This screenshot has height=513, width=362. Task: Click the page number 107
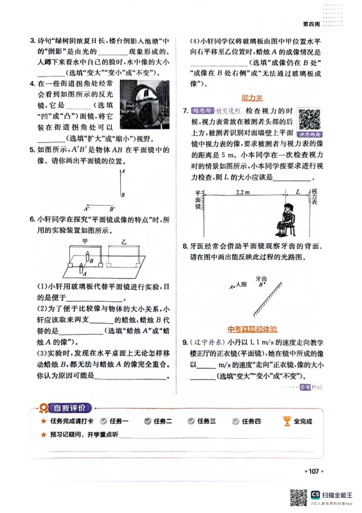point(314,471)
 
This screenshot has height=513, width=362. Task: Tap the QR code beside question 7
point(310,120)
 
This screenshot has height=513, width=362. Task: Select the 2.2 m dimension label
point(243,192)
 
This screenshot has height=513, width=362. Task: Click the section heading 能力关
point(252,97)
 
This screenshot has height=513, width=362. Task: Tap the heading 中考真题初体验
point(252,329)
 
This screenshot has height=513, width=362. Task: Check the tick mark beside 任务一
point(104,421)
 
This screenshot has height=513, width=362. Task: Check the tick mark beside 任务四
point(236,421)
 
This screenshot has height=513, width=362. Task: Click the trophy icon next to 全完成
point(287,421)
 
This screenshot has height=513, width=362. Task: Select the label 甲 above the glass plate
point(85,241)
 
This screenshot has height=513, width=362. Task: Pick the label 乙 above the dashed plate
point(124,241)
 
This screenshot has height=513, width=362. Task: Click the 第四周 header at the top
point(311,24)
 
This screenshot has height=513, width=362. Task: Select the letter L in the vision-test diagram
point(298,192)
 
